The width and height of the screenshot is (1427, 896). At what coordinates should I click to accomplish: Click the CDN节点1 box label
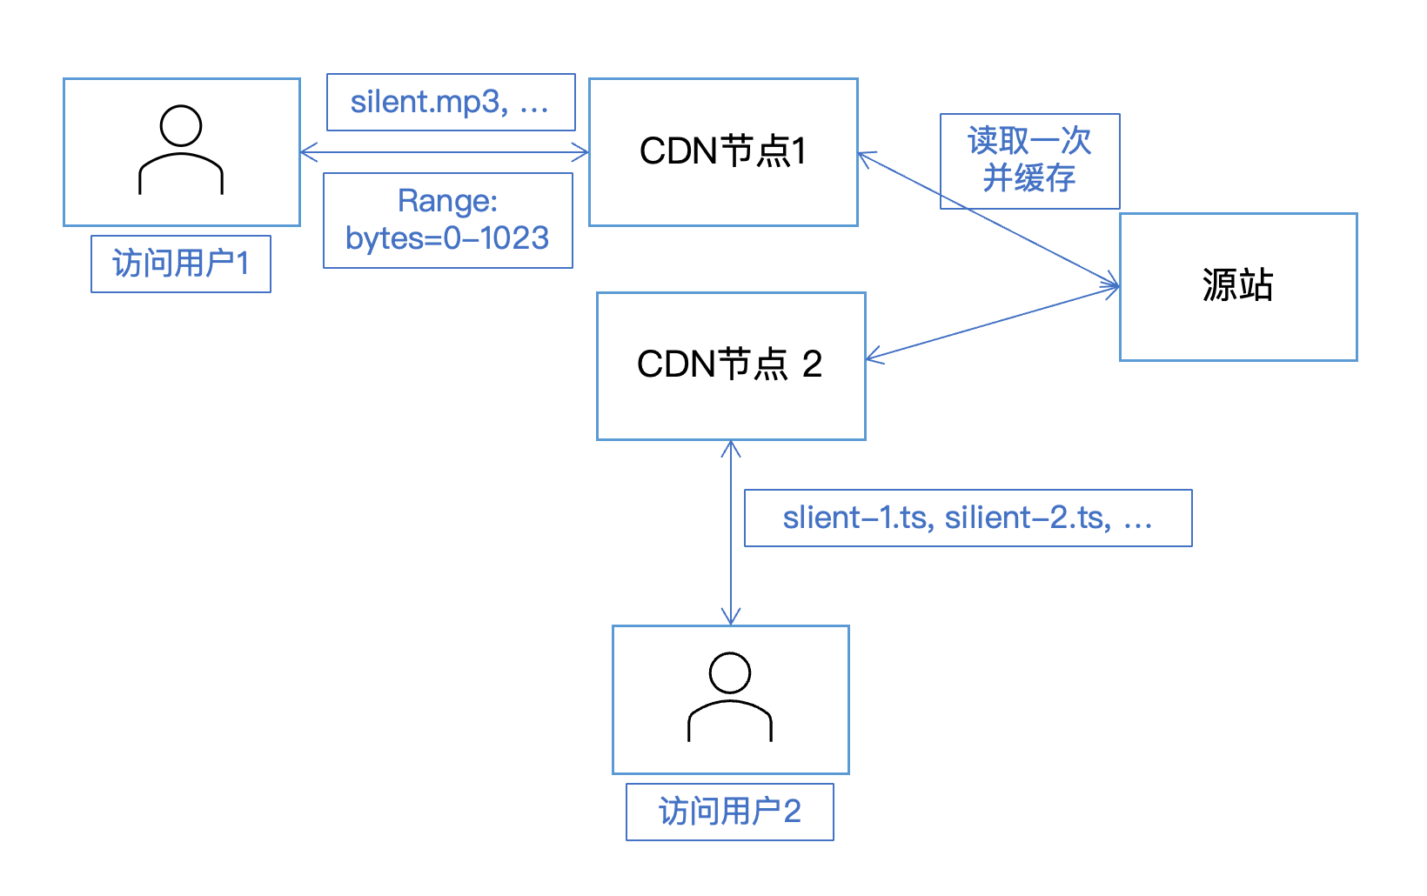pyautogui.click(x=723, y=151)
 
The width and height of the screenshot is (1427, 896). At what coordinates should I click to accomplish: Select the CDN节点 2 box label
pyautogui.click(x=730, y=364)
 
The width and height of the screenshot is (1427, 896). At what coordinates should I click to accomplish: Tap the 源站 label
pyautogui.click(x=1237, y=285)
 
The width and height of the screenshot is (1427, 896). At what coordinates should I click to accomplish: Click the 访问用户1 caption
pyautogui.click(x=181, y=264)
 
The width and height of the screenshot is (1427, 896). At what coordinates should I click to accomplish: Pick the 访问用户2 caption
pyautogui.click(x=729, y=812)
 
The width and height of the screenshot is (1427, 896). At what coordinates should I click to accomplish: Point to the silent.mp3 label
pyautogui.click(x=450, y=102)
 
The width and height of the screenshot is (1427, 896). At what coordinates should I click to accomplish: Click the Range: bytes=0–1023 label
pyautogui.click(x=447, y=220)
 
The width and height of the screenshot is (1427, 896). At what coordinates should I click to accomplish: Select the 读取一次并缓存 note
pyautogui.click(x=1029, y=160)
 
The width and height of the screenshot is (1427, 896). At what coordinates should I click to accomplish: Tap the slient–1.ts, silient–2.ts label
pyautogui.click(x=968, y=518)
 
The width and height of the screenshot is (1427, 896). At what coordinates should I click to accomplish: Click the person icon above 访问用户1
pyautogui.click(x=181, y=150)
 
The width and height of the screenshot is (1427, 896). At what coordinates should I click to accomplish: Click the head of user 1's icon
pyautogui.click(x=181, y=126)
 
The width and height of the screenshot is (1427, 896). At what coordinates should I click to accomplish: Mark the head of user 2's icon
pyautogui.click(x=730, y=673)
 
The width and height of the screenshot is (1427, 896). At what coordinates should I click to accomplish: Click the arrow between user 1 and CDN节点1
pyautogui.click(x=444, y=153)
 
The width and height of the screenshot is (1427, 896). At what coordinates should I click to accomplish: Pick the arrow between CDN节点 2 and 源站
pyautogui.click(x=992, y=322)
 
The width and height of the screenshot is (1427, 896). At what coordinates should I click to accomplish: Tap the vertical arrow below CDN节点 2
pyautogui.click(x=731, y=532)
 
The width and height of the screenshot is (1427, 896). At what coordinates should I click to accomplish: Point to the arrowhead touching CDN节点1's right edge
pyautogui.click(x=864, y=156)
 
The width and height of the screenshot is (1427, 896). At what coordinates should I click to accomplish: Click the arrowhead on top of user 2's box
pyautogui.click(x=731, y=619)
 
